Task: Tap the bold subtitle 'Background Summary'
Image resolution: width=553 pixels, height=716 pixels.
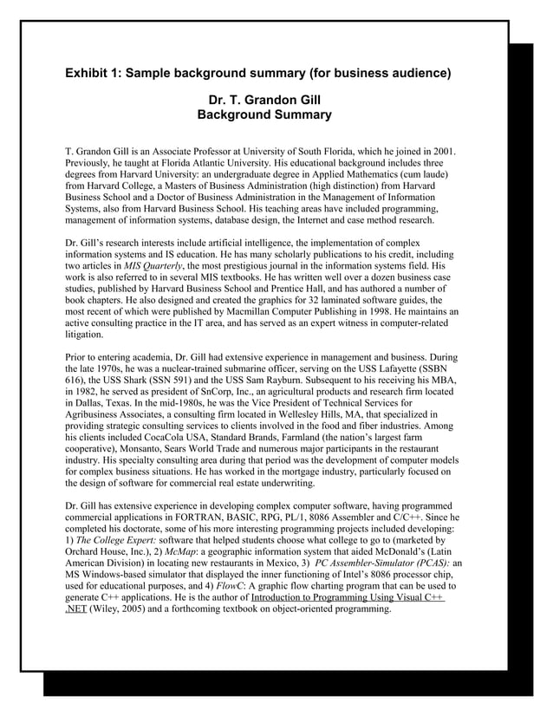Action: (x=263, y=115)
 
